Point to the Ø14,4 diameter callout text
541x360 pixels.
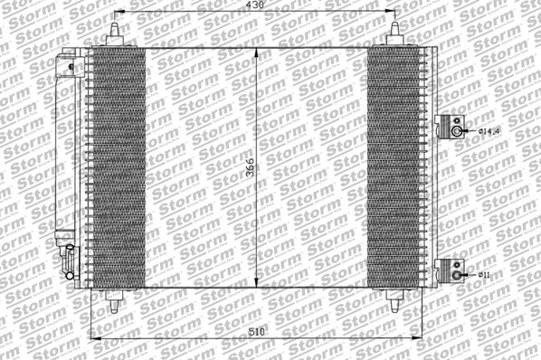[x=489, y=132]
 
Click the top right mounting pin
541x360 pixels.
[x=395, y=34]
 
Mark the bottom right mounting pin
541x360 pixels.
[x=395, y=299]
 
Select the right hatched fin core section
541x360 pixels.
[x=395, y=167]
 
